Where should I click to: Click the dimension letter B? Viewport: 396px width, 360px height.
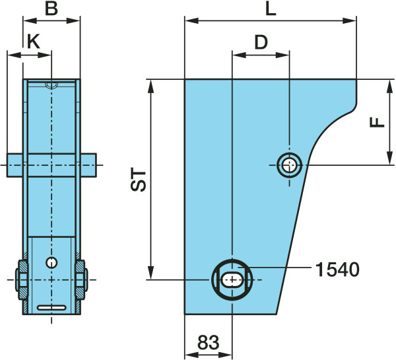click(51, 9)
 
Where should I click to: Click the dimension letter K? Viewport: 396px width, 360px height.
click(34, 42)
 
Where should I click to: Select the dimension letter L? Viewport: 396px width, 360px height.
click(271, 10)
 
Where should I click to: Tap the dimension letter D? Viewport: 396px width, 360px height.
click(261, 42)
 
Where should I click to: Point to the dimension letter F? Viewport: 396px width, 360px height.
click(377, 123)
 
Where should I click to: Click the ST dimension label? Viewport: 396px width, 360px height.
click(139, 181)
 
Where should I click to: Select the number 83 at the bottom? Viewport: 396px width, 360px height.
click(209, 343)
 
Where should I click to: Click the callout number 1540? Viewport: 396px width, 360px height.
click(337, 270)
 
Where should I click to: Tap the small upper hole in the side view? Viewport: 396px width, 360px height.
click(290, 165)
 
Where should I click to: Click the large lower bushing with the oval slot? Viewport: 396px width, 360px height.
click(232, 279)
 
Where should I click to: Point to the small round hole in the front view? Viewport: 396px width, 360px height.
click(51, 263)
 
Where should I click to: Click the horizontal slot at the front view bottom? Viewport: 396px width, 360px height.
click(51, 308)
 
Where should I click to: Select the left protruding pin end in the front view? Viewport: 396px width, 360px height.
click(15, 165)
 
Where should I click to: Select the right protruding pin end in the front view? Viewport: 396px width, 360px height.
click(88, 165)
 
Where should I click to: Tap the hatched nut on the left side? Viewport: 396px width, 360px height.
click(22, 279)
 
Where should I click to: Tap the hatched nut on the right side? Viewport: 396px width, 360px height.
click(81, 279)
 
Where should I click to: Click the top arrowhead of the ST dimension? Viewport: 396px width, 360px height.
click(150, 87)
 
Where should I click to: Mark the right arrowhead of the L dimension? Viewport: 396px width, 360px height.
click(349, 21)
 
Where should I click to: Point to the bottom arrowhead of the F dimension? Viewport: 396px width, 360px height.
click(390, 158)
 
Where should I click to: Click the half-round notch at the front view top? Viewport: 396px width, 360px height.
click(51, 85)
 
